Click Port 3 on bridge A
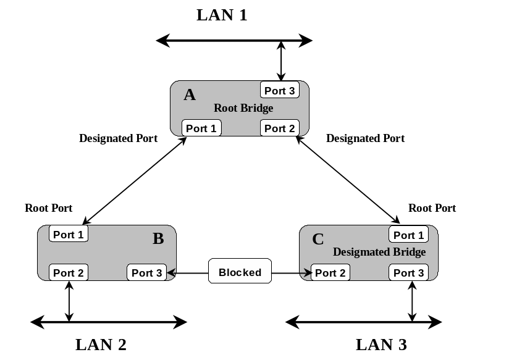(x=280, y=91)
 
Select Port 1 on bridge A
(x=201, y=128)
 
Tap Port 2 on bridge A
(x=280, y=128)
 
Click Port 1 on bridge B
(x=69, y=235)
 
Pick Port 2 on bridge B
(x=69, y=273)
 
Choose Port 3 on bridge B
(x=147, y=273)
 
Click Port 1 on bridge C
(x=409, y=235)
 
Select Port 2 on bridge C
(x=330, y=273)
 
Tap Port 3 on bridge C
(x=409, y=273)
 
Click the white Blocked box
(x=240, y=272)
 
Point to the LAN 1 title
(x=222, y=15)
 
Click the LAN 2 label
(x=101, y=345)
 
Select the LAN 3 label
(x=381, y=345)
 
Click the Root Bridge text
(x=243, y=108)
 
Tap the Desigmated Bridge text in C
(x=379, y=252)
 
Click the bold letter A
(x=190, y=94)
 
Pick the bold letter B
(x=158, y=238)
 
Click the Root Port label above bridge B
(x=49, y=208)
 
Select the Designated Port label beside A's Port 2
(x=365, y=138)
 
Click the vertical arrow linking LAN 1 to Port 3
(x=282, y=61)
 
